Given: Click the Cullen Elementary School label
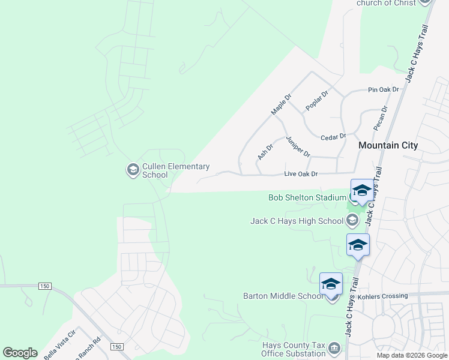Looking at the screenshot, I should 176,170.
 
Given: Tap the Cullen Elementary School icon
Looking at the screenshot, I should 133,170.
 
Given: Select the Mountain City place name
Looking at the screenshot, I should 388,145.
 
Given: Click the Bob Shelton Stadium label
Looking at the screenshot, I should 307,197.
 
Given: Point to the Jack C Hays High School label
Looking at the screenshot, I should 297,221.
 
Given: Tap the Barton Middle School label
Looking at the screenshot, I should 283,296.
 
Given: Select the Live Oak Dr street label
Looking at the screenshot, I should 300,174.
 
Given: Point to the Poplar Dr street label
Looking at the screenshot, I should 317,100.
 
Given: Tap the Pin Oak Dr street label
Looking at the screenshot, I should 383,90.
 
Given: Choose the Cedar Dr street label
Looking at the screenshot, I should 334,137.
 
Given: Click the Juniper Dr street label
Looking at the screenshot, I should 298,146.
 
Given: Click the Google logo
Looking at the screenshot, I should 20,353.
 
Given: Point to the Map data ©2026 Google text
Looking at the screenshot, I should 412,355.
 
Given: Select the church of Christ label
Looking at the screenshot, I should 386,3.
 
